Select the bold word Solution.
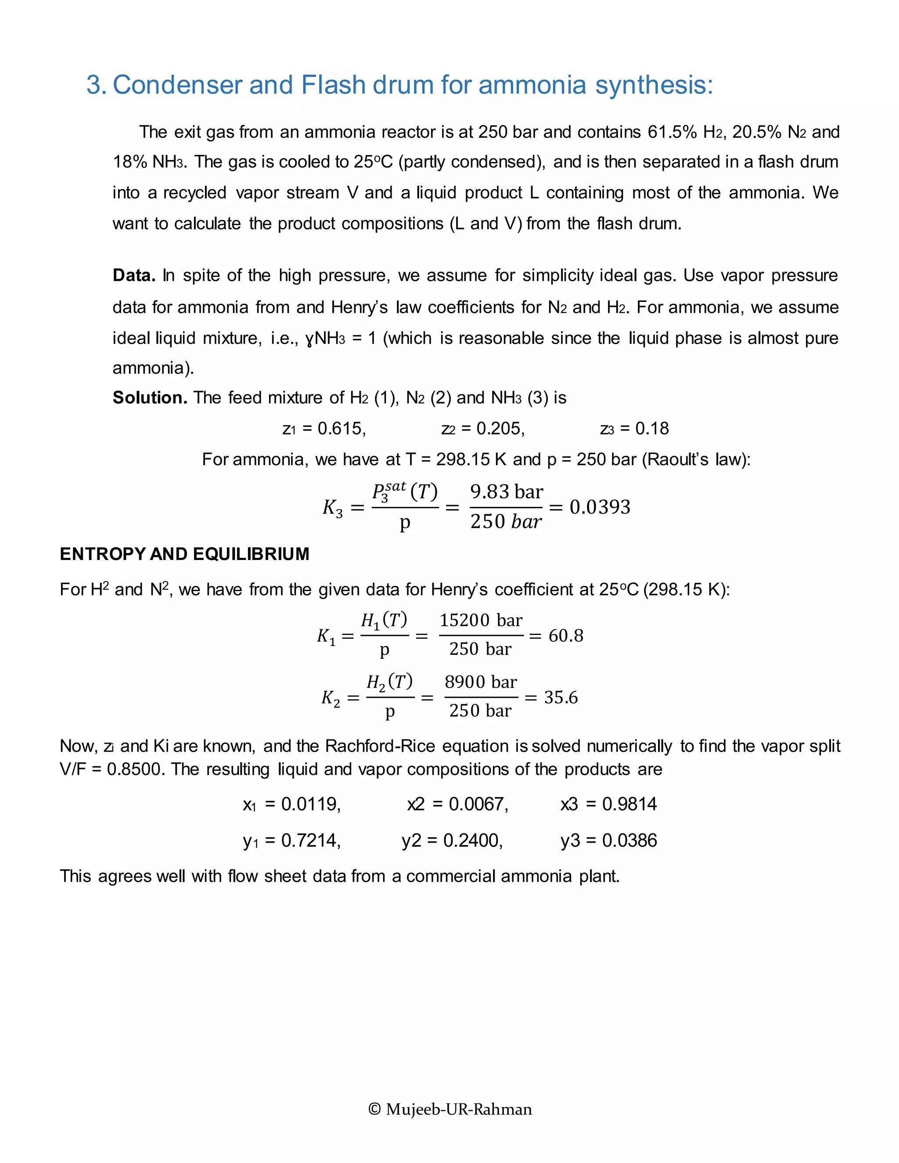(150, 398)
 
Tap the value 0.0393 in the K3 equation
(600, 507)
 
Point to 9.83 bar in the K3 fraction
(507, 492)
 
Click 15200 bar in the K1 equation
(481, 621)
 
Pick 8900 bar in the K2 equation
(481, 682)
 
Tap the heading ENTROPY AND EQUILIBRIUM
(184, 554)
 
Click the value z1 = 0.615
(324, 429)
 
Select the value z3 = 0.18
(634, 429)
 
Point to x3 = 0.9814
(608, 804)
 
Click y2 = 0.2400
(452, 841)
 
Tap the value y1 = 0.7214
(291, 841)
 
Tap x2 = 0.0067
(457, 804)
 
